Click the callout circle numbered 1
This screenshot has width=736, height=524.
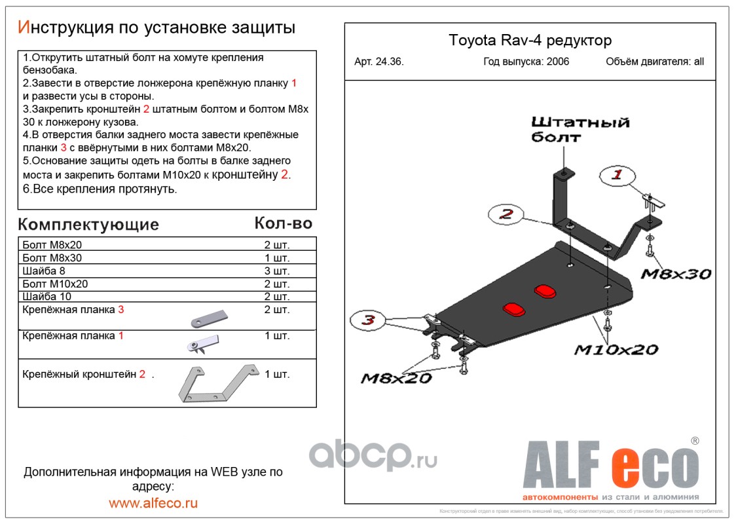pyautogui.click(x=617, y=176)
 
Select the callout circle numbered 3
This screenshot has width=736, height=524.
pyautogui.click(x=369, y=320)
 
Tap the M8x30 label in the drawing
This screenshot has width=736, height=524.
pyautogui.click(x=675, y=274)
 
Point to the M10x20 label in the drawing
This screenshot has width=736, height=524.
pyautogui.click(x=616, y=350)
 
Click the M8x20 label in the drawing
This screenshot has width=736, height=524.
pyautogui.click(x=396, y=378)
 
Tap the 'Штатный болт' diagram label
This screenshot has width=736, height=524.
pyautogui.click(x=579, y=129)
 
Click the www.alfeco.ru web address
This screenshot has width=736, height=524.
pyautogui.click(x=153, y=503)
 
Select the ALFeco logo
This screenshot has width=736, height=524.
pyautogui.click(x=610, y=468)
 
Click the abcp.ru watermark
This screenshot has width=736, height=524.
pyautogui.click(x=373, y=455)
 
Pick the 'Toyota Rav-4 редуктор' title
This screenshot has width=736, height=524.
pyautogui.click(x=530, y=41)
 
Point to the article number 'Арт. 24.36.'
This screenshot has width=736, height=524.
pyautogui.click(x=379, y=62)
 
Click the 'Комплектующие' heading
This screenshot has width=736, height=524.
pyautogui.click(x=88, y=225)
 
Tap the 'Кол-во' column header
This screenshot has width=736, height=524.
pyautogui.click(x=283, y=223)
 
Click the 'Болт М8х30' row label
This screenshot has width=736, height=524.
pyautogui.click(x=52, y=257)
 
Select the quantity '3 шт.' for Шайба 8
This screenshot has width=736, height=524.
pyautogui.click(x=276, y=271)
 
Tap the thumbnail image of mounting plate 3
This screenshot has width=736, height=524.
pyautogui.click(x=209, y=318)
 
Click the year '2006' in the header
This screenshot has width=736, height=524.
pyautogui.click(x=554, y=62)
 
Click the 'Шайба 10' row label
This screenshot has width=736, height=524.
pyautogui.click(x=47, y=297)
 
